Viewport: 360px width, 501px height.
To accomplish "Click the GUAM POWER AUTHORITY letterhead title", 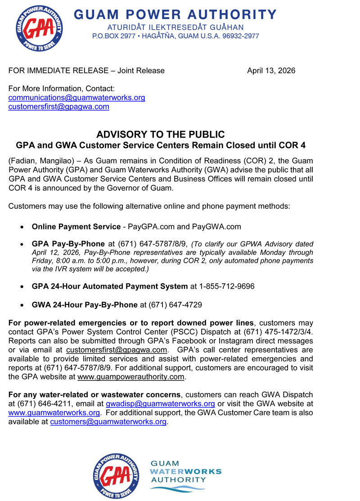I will point(175,15).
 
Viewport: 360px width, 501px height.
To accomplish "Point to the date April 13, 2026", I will point(271,71).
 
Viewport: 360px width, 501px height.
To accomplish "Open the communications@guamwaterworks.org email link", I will point(76,98).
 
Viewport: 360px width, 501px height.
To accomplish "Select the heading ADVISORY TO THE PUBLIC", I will point(161,134).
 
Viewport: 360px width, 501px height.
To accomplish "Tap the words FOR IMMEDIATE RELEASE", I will point(56,71).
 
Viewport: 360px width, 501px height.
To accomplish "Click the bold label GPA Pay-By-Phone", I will point(68,244).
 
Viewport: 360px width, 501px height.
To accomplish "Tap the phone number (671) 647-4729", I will point(171,304).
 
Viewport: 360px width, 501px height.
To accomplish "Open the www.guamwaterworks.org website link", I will point(54,413).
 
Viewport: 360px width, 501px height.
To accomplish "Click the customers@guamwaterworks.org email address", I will point(108,422).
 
